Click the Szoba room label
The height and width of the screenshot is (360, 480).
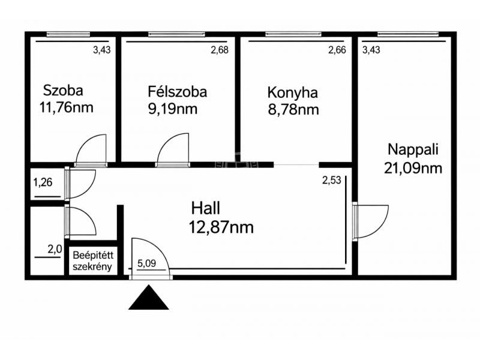[63, 91]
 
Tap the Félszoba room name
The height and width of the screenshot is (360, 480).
[177, 92]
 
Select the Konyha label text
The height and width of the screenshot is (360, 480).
[292, 93]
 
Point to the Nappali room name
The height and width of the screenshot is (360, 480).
[413, 149]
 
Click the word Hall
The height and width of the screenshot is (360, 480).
[206, 208]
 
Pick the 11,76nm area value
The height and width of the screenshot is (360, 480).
[66, 108]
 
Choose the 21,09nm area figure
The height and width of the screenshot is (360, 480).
[413, 169]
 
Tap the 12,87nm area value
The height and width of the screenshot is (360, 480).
[221, 227]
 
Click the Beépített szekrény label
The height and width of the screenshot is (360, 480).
[93, 261]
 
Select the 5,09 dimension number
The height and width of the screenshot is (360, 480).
[146, 263]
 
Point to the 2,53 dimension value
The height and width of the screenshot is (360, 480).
[332, 180]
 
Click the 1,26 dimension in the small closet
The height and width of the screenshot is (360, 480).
[43, 182]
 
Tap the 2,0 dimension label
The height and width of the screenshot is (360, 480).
[55, 250]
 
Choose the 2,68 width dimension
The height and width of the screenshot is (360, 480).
[220, 50]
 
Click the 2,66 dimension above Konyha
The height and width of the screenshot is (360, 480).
[337, 50]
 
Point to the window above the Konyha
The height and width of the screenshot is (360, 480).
[293, 34]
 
